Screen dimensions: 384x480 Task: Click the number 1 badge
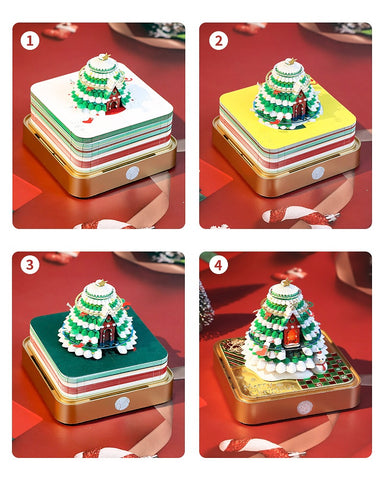(x=30, y=41)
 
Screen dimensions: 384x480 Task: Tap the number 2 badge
(x=219, y=41)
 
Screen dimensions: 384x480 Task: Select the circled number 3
(x=30, y=265)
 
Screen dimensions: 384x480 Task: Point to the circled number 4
(x=218, y=265)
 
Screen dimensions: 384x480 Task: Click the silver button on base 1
(x=132, y=173)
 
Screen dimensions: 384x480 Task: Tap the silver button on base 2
(x=318, y=173)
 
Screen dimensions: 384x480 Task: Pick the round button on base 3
(x=122, y=404)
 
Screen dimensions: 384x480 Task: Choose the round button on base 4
(x=305, y=407)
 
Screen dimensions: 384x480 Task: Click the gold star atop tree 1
(x=104, y=57)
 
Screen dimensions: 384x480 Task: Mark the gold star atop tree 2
(x=290, y=61)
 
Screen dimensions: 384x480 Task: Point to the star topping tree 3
(x=100, y=283)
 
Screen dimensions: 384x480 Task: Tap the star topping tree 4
(x=286, y=283)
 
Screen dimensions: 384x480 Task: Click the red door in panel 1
(x=114, y=100)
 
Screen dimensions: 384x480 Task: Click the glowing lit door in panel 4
(x=292, y=333)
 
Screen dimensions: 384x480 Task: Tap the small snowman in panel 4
(x=320, y=362)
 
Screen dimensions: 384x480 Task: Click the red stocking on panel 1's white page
(x=87, y=120)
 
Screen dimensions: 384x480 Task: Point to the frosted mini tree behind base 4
(x=206, y=303)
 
